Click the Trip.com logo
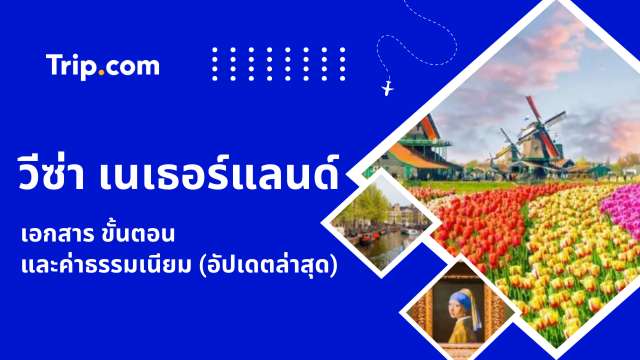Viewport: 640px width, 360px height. click(x=103, y=66)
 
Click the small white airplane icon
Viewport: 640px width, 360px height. click(x=388, y=89)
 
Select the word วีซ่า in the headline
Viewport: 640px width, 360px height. click(x=55, y=176)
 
